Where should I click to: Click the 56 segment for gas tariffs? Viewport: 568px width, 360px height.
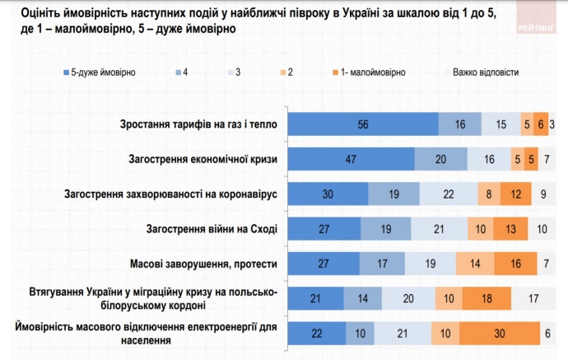coord(362,124)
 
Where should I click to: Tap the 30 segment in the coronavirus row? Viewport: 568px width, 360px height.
coord(327,194)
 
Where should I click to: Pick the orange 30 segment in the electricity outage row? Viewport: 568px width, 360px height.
coord(500,334)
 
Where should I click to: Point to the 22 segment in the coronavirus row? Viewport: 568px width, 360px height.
coord(449,194)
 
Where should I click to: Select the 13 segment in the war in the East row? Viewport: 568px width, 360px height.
coord(510,228)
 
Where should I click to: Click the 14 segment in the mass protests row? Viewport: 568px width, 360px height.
coord(475,264)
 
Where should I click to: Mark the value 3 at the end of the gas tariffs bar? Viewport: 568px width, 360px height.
coord(552,124)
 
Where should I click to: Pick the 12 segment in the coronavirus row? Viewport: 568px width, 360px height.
coord(514,194)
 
